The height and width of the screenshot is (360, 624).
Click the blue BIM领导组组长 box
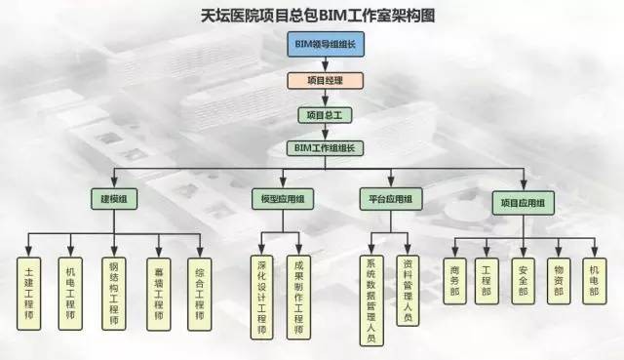[x=326, y=44]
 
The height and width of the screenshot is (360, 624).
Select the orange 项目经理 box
[x=325, y=80]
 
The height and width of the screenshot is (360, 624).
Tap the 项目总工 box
[x=325, y=115]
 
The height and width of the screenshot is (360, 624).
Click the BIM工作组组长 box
[x=325, y=148]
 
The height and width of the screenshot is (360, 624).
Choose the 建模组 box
[x=114, y=199]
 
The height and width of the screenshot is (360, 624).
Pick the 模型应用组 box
[x=283, y=199]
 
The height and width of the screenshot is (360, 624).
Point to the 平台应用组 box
[x=391, y=199]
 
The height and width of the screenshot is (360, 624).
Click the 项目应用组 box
[x=524, y=203]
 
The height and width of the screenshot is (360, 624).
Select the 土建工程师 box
[x=29, y=294]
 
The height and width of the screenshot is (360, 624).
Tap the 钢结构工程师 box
[x=114, y=294]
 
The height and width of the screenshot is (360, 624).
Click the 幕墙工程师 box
[x=159, y=295]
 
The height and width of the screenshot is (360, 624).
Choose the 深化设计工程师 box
[x=262, y=298]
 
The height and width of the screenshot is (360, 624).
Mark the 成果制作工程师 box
[x=298, y=298]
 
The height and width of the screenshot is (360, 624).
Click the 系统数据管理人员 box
[x=371, y=300]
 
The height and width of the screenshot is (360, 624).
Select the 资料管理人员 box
[x=408, y=291]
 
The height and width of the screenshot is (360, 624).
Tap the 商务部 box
[x=455, y=281]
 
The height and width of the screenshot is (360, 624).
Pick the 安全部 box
[x=524, y=281]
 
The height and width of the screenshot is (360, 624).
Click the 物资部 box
[x=559, y=281]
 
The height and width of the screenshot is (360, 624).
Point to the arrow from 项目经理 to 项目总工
[x=325, y=98]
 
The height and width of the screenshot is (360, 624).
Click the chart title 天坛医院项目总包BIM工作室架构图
[x=318, y=16]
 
